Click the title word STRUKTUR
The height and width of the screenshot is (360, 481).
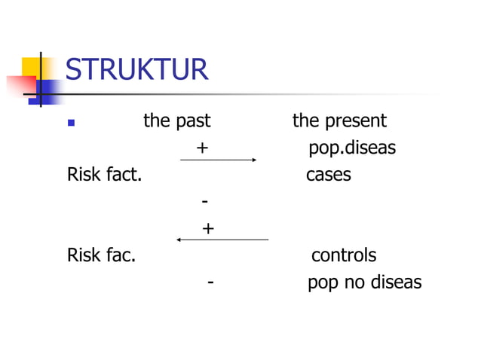point(136,69)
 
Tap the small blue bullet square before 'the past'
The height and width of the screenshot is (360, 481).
point(72,122)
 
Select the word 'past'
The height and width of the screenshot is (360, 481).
point(193,121)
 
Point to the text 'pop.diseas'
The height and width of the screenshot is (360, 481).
point(352,148)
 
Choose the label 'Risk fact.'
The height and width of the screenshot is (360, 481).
point(104,175)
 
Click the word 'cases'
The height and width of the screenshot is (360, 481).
point(328,175)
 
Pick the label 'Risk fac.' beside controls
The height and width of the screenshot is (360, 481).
point(101,255)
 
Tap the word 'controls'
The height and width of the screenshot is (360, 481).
point(344,255)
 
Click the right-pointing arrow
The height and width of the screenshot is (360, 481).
point(219,160)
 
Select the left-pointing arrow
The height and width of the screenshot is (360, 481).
point(222,239)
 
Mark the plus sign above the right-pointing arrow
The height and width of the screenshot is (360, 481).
point(201,148)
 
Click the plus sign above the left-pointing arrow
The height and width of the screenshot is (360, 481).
point(208,227)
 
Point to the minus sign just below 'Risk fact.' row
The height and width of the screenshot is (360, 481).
point(204,201)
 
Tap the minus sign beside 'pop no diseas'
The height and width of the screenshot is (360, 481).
point(210,282)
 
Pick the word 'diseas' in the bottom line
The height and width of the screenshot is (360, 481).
point(397,282)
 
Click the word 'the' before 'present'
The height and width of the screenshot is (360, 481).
point(305,121)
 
